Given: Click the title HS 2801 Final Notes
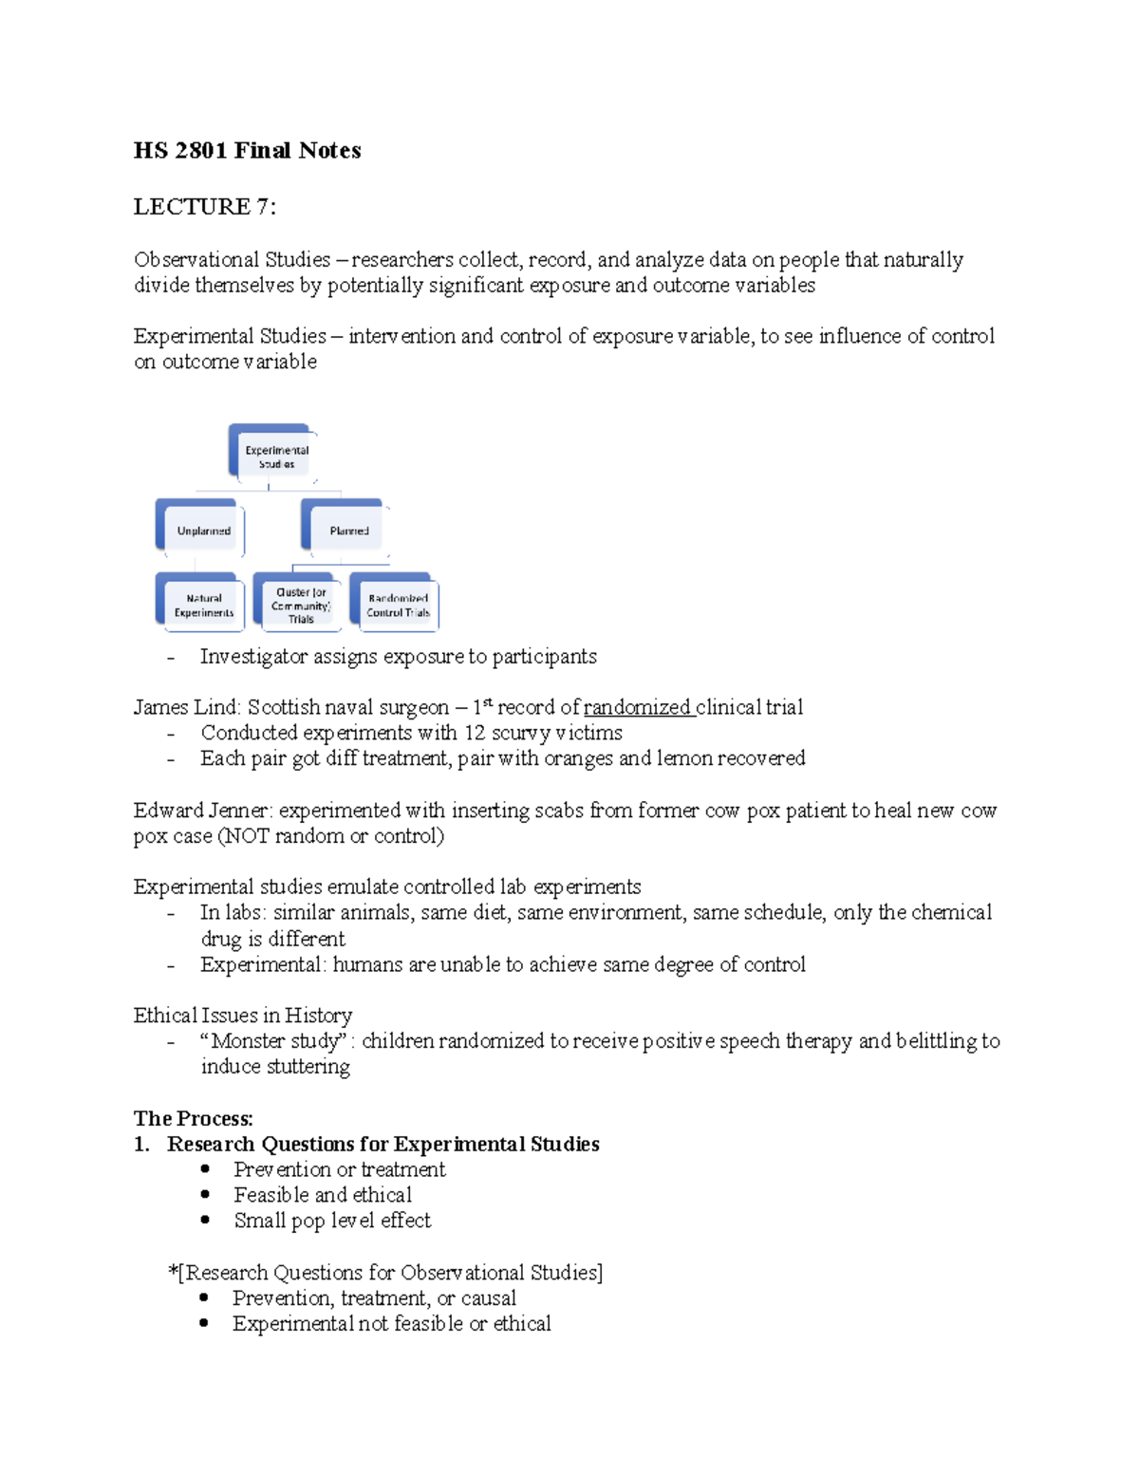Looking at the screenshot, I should click(x=247, y=151).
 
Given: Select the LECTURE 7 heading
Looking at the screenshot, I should click(x=204, y=207).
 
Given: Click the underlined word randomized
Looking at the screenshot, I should click(x=637, y=708).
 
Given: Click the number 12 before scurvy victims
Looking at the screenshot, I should click(x=474, y=734).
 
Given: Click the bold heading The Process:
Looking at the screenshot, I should click(x=194, y=1119).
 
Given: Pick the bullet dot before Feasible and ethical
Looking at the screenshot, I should click(x=205, y=1195).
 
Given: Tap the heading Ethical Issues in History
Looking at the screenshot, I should click(x=243, y=1016).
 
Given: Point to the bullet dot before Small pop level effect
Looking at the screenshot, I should click(x=205, y=1221).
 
